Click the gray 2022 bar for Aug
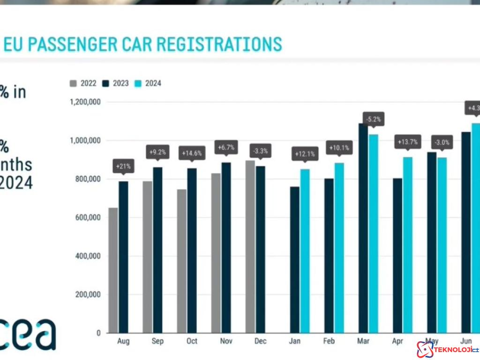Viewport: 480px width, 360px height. point(113,270)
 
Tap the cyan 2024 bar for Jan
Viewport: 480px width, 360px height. point(305,251)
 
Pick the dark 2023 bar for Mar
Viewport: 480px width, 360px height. point(363,228)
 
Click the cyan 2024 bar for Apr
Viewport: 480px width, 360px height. point(408,245)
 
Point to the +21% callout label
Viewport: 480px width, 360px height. point(123,165)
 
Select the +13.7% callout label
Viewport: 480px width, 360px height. point(407,142)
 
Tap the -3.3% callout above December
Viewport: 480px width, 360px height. point(260,151)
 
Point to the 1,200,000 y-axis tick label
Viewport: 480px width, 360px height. point(85,102)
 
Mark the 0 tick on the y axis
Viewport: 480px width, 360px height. point(98,333)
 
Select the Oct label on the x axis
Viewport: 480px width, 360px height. point(192,341)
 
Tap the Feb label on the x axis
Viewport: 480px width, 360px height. point(329,341)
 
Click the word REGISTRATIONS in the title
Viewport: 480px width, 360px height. point(219,44)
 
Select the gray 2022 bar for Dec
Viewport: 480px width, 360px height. point(250,247)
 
